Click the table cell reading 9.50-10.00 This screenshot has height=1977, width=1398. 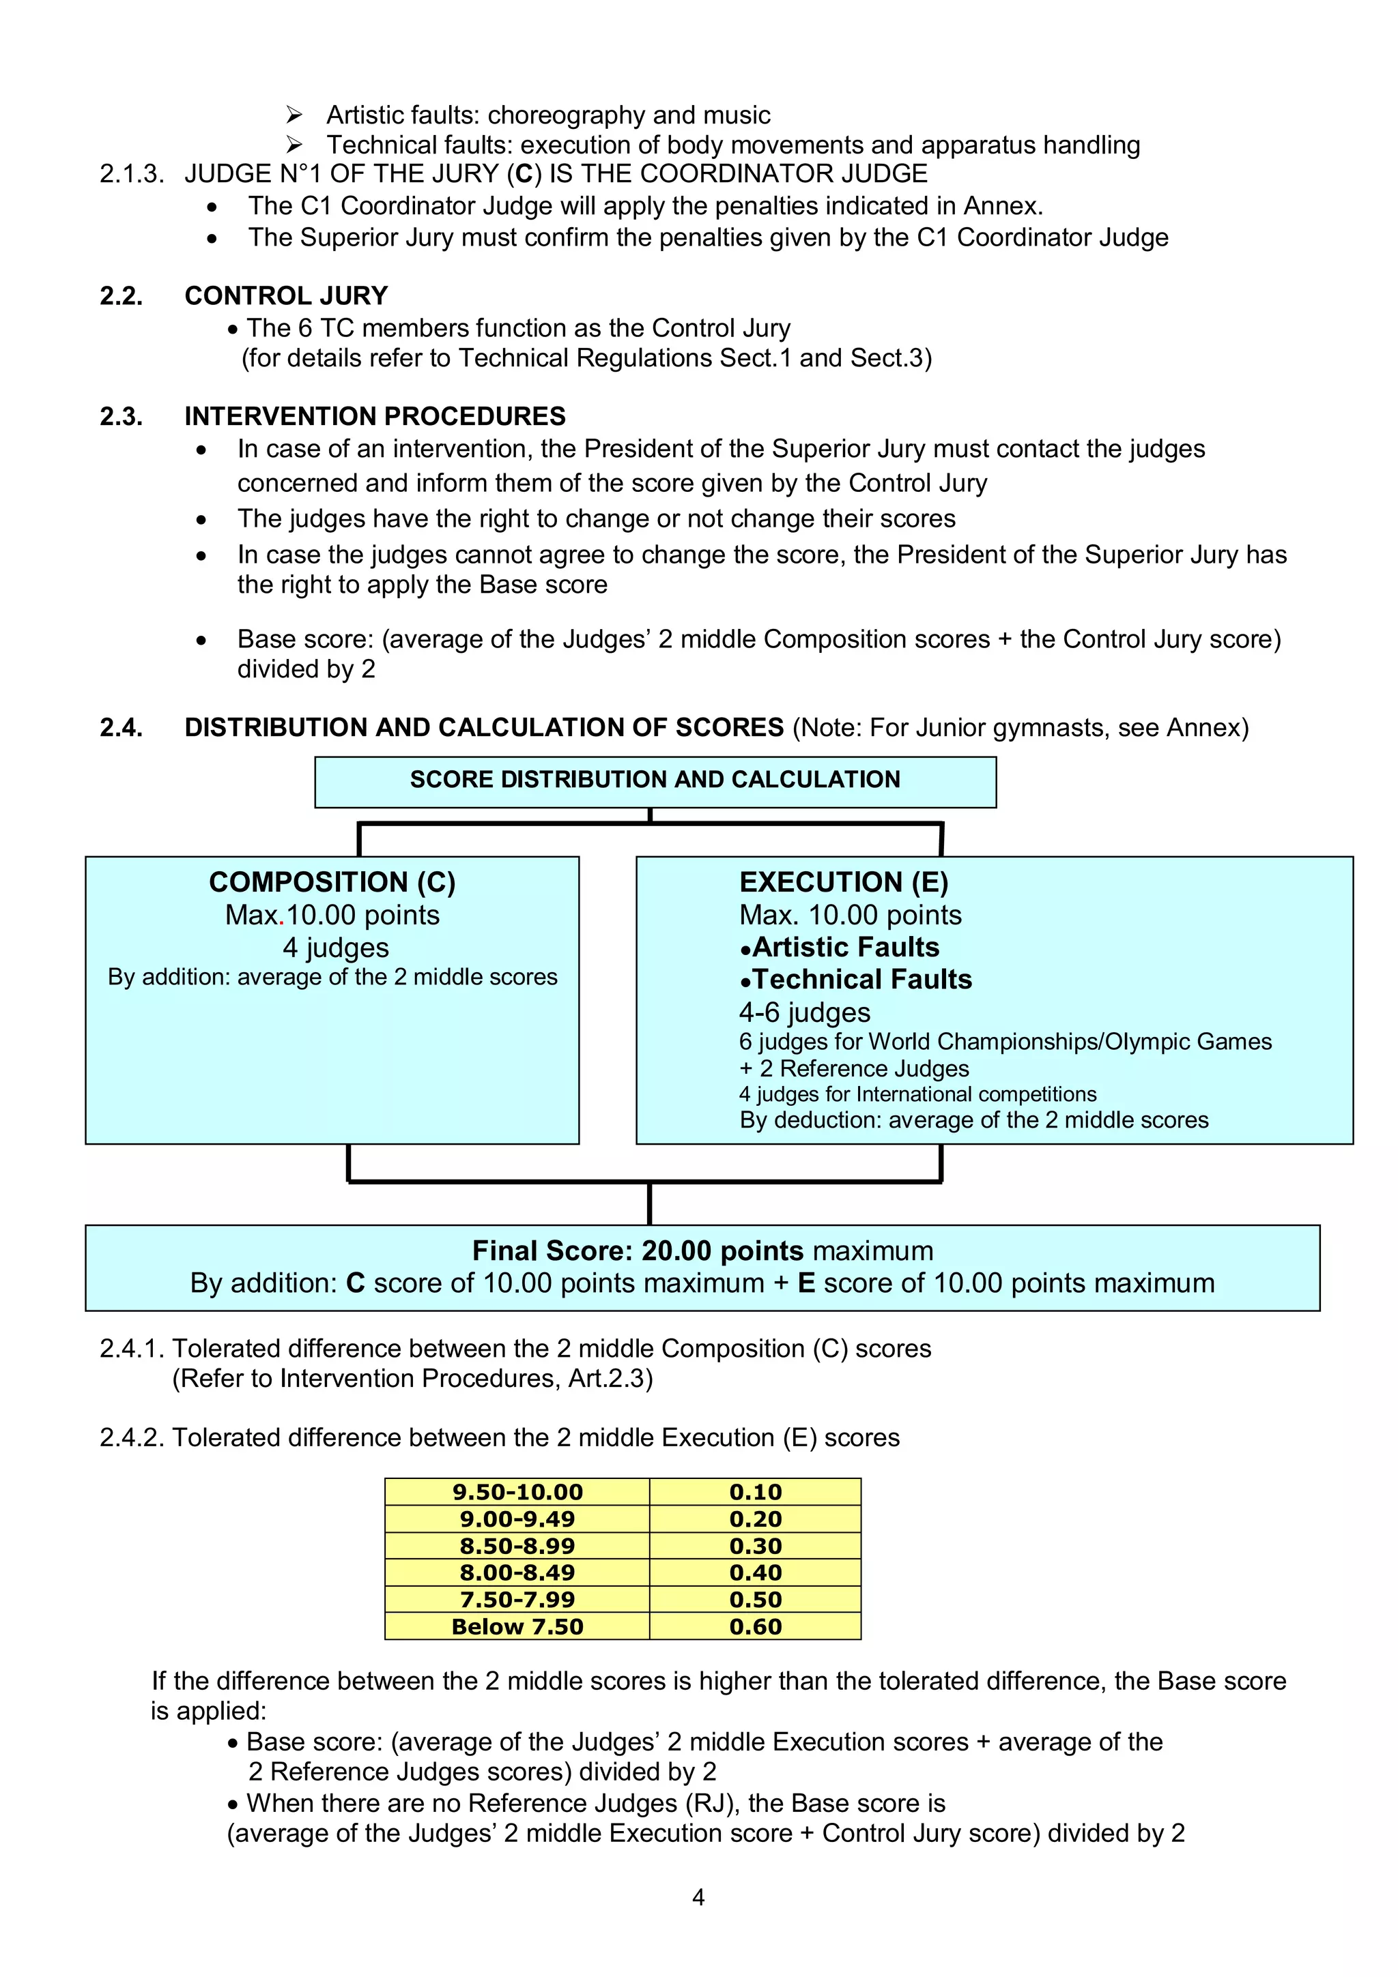517,1492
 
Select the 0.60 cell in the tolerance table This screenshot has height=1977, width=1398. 756,1626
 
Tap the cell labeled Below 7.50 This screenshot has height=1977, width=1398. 517,1626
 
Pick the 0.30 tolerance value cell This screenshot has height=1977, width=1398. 756,1546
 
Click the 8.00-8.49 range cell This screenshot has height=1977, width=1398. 517,1572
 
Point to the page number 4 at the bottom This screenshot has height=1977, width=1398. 698,1897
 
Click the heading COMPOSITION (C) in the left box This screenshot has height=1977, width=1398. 332,881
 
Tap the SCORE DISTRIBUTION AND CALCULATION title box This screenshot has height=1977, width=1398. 655,780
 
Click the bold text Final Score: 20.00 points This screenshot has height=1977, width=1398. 638,1250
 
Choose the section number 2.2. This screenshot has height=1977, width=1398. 121,296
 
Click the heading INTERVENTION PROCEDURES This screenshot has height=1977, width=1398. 375,417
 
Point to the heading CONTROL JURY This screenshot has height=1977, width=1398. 286,296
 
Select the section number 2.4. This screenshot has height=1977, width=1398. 121,728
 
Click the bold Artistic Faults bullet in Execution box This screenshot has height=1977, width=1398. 840,947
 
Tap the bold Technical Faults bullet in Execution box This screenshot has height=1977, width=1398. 856,980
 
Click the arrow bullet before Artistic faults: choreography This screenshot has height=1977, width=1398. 294,115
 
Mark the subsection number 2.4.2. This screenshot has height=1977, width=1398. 132,1437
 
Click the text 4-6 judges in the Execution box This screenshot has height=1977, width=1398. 805,1012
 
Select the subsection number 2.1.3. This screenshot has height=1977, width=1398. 131,174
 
